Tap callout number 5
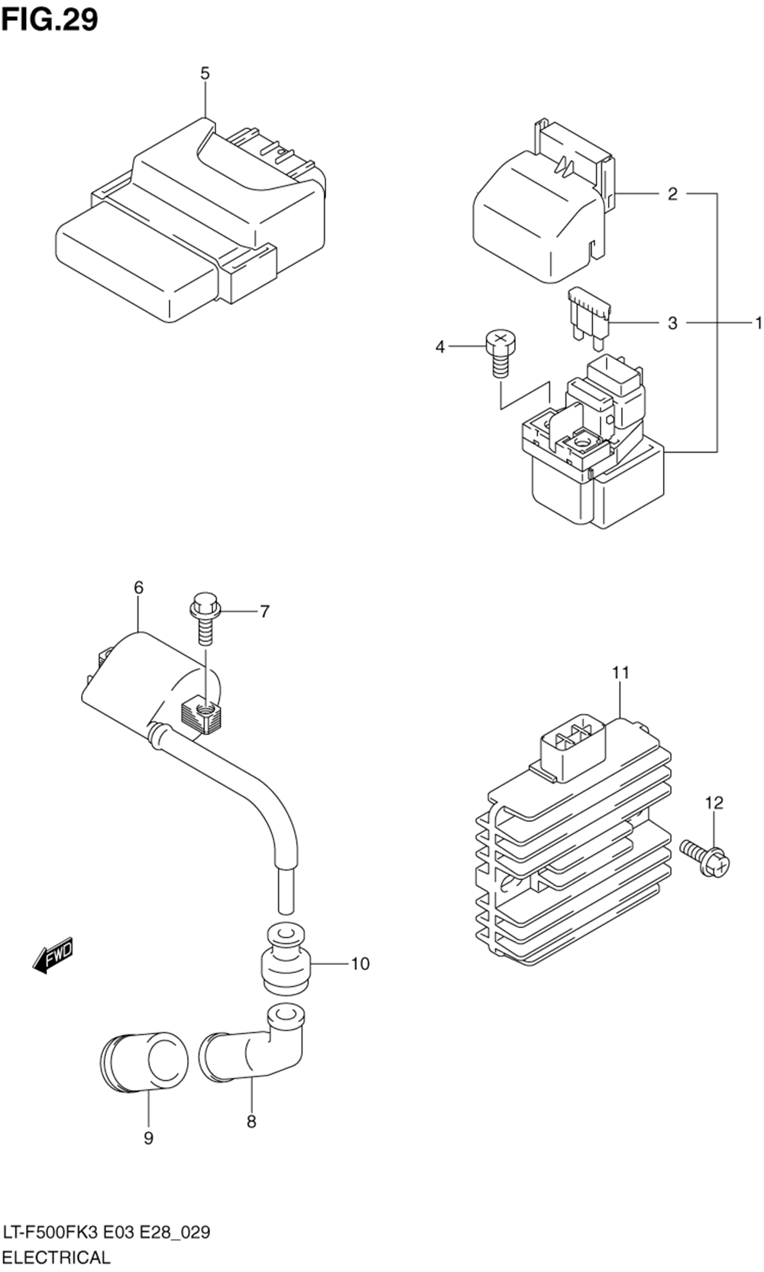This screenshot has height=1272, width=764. click(205, 73)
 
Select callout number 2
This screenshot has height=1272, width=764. click(672, 194)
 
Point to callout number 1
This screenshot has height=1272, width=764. click(758, 323)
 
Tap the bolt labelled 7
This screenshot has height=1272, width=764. click(205, 619)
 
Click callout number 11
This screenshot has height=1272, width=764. click(620, 673)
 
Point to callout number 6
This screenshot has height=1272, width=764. click(138, 588)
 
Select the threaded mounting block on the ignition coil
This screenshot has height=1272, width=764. click(200, 716)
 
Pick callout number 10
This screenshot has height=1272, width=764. click(360, 964)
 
